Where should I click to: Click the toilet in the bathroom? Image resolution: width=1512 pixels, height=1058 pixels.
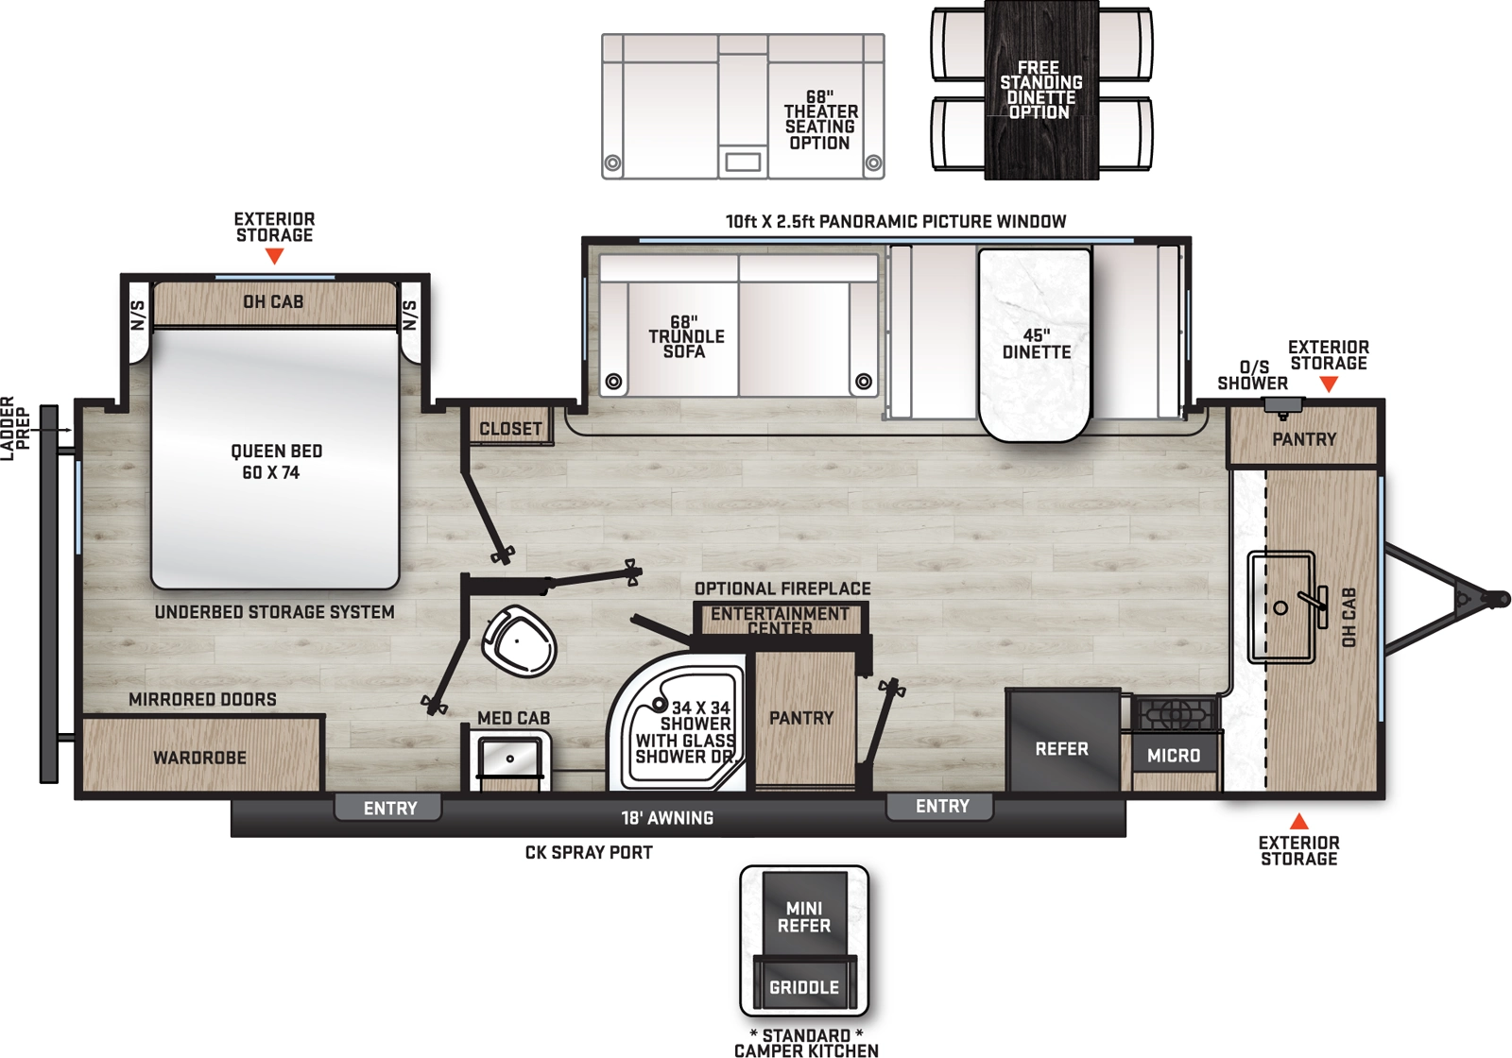click(x=519, y=641)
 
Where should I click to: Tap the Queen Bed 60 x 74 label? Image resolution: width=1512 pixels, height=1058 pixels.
click(x=275, y=462)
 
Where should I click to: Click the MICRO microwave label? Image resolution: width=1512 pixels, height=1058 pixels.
click(x=1174, y=755)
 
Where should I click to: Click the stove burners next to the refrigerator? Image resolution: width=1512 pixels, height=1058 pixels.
click(x=1175, y=714)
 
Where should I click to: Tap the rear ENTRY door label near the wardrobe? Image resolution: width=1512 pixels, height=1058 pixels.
click(x=389, y=809)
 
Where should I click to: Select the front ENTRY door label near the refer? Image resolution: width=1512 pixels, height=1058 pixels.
click(x=941, y=806)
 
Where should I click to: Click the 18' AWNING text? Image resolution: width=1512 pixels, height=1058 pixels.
click(x=667, y=818)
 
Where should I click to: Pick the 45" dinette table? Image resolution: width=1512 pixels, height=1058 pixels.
click(x=1036, y=344)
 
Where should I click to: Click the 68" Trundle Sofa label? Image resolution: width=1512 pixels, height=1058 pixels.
click(x=686, y=337)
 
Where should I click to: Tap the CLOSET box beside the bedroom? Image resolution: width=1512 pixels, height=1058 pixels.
click(x=510, y=429)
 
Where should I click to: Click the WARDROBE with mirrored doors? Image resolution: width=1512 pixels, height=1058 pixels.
click(x=200, y=758)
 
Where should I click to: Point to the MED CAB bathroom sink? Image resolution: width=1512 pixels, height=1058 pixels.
click(x=510, y=759)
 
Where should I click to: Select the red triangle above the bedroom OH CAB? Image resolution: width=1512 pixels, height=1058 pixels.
click(x=274, y=256)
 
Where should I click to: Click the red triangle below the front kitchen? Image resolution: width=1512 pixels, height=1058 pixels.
click(x=1299, y=821)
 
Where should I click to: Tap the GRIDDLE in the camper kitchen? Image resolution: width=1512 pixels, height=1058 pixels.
click(x=804, y=987)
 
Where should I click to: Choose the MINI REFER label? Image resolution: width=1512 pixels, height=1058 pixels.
click(x=804, y=917)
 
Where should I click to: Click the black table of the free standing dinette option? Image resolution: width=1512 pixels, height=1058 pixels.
click(x=1040, y=91)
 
